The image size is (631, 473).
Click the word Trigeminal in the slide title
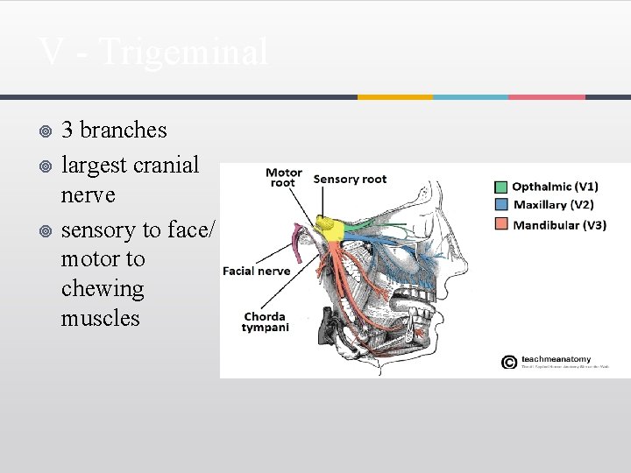(x=184, y=53)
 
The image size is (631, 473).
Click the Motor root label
(x=283, y=178)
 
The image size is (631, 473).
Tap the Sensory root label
(x=350, y=180)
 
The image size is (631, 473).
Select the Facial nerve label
(x=256, y=272)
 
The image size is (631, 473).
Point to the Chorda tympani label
(x=265, y=322)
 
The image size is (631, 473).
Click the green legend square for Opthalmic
(x=500, y=187)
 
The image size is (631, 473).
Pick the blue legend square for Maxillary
(x=500, y=206)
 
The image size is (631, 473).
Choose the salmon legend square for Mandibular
(x=500, y=225)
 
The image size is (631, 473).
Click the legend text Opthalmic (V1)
(x=555, y=187)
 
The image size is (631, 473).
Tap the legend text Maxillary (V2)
(x=552, y=206)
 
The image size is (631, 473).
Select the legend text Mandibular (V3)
(x=558, y=225)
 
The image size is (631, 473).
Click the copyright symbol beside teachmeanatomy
(x=508, y=362)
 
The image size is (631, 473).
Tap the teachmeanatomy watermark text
(x=556, y=359)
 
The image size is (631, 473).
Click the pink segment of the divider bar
(x=547, y=96)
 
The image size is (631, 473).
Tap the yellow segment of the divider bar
(x=394, y=96)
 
